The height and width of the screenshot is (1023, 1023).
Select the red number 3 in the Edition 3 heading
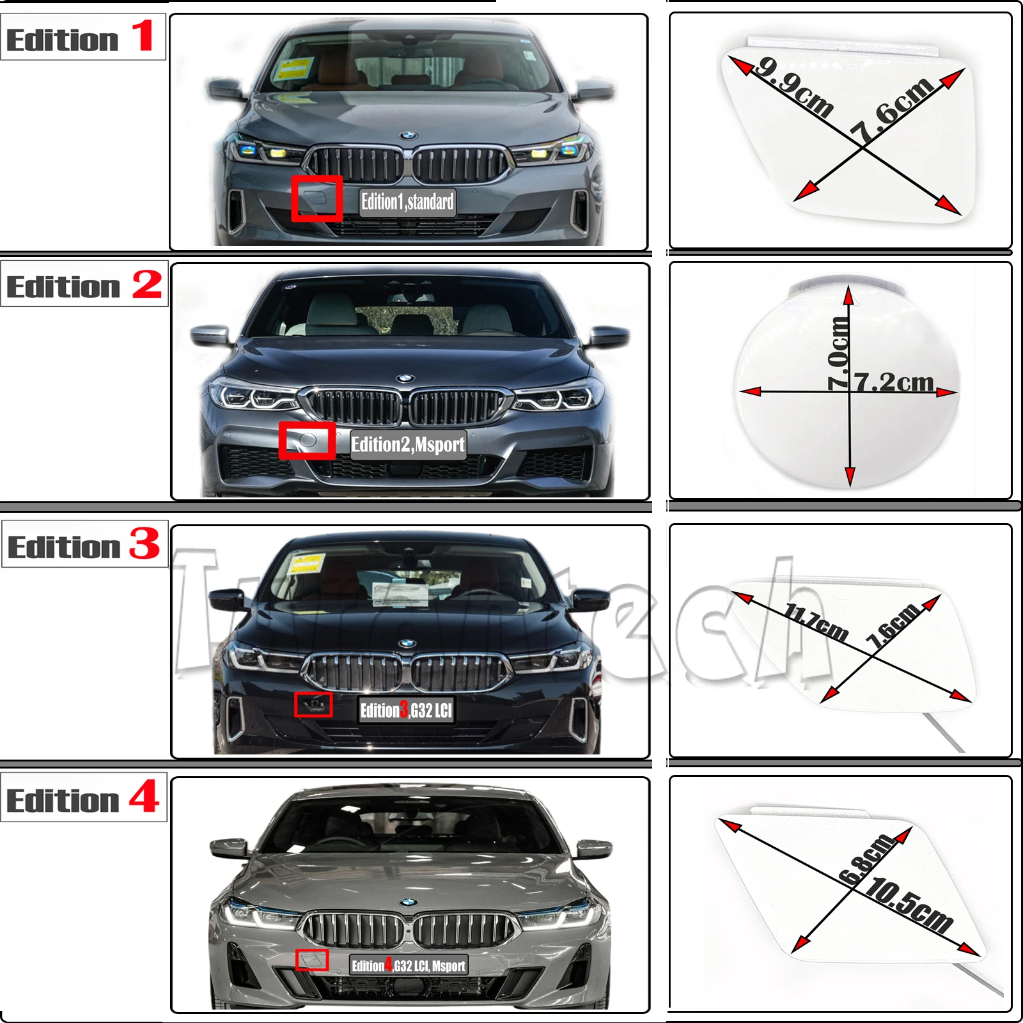tap(144, 543)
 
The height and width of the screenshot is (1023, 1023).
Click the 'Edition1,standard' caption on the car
tap(407, 202)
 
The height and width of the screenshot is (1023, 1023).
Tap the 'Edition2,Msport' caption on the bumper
tap(408, 444)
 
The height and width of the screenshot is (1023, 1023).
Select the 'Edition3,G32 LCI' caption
tap(407, 710)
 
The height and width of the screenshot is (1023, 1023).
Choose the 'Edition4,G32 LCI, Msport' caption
tap(409, 965)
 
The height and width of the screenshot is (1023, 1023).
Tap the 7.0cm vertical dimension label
tap(838, 354)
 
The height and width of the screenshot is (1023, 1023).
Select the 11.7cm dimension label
tap(817, 621)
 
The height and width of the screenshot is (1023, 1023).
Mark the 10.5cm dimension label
tap(909, 905)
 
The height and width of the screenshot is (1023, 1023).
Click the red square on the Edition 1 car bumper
tap(316, 199)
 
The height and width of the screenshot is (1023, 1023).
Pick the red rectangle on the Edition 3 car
tap(313, 705)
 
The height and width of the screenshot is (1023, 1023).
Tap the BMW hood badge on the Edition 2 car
tap(405, 379)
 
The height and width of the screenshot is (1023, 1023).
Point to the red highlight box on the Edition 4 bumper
tap(312, 960)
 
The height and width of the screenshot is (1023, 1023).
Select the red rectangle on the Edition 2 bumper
tap(307, 440)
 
